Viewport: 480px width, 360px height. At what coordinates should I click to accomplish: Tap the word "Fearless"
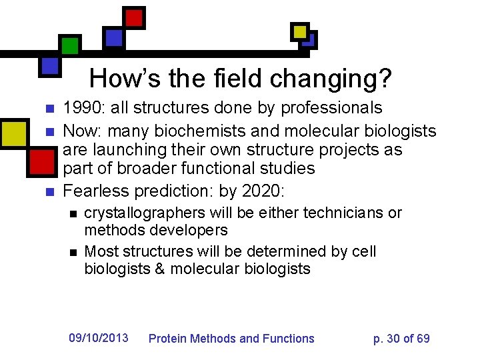96,191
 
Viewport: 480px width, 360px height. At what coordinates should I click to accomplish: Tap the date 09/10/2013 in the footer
99,338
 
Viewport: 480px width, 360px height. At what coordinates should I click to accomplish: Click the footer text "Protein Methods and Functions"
231,339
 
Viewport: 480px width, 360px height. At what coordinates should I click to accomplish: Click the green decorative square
70,45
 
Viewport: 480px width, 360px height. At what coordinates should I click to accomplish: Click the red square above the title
135,17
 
